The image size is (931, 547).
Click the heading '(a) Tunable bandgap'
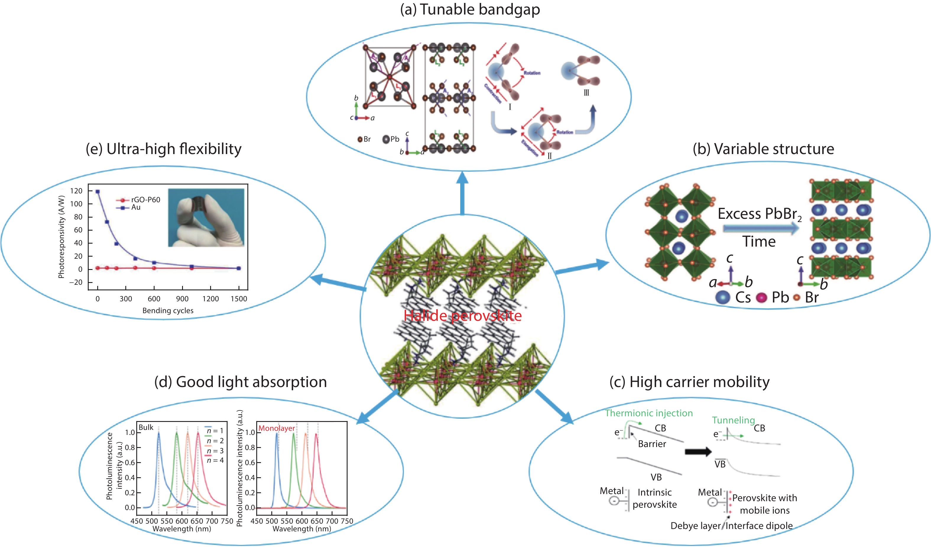click(470, 9)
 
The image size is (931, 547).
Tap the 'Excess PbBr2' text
click(760, 214)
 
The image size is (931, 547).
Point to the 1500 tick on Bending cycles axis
click(239, 299)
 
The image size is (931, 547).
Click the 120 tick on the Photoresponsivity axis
click(76, 191)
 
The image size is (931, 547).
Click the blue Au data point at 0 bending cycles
click(98, 192)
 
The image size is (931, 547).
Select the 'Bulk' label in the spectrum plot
click(146, 427)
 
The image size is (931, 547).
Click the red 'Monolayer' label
click(276, 428)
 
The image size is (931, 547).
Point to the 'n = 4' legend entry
click(215, 460)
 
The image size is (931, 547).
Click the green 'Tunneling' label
click(733, 420)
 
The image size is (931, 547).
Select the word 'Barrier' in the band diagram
click(652, 444)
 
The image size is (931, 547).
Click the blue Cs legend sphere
click(723, 297)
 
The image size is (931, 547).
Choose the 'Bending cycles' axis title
click(168, 310)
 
